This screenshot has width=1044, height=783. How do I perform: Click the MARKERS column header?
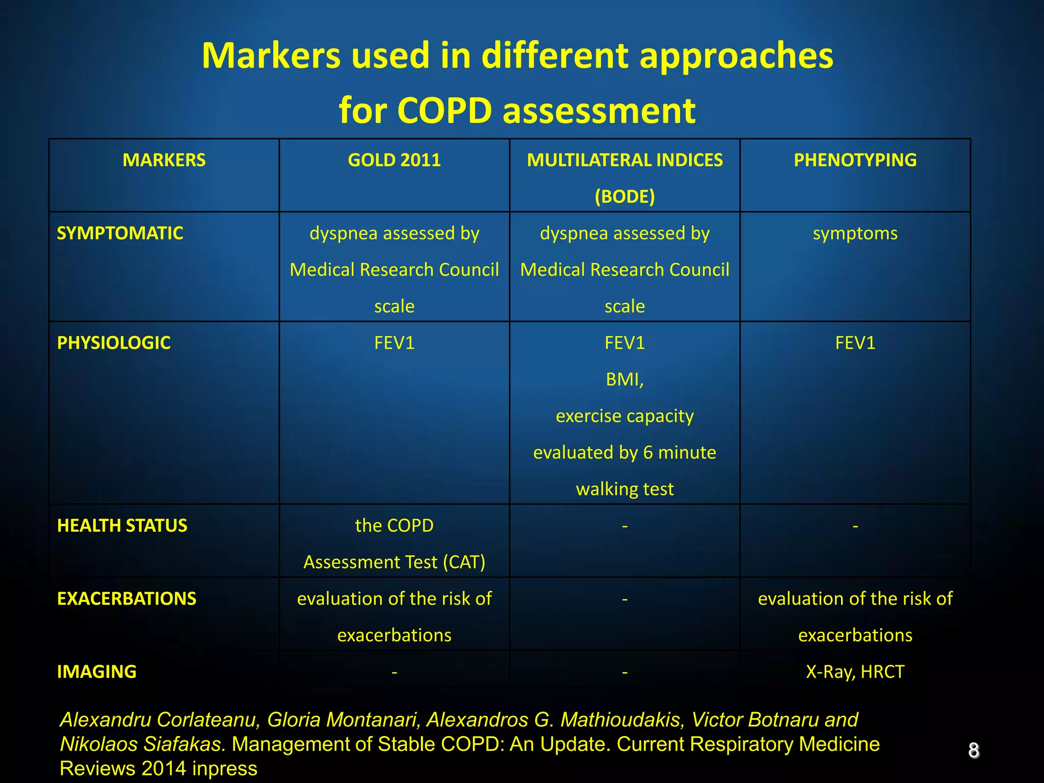tap(164, 160)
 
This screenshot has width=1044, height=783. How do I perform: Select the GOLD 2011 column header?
tap(394, 160)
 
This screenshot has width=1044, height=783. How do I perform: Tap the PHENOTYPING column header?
tap(855, 160)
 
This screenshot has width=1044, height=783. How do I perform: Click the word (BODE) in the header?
tap(624, 196)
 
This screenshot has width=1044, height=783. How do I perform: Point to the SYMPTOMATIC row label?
tap(120, 233)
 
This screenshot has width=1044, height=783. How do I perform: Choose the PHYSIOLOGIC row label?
tap(114, 343)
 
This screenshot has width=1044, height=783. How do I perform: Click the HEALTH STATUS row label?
tap(122, 526)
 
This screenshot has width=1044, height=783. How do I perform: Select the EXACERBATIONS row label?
tap(126, 598)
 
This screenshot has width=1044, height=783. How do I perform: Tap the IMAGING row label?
tap(97, 672)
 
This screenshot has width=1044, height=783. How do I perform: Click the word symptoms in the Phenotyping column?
tap(855, 233)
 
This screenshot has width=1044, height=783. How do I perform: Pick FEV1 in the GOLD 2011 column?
tap(394, 343)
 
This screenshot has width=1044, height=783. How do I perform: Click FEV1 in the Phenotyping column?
tap(855, 343)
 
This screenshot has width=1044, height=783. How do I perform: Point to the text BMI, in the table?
tap(624, 380)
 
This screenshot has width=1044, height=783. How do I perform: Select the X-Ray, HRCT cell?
tap(855, 672)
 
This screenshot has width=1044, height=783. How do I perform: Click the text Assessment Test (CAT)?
tap(394, 562)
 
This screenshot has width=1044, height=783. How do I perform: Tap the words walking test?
tap(624, 489)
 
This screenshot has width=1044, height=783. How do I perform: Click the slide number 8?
tap(974, 750)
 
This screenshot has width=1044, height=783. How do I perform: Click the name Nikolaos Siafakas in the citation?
tap(143, 744)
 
